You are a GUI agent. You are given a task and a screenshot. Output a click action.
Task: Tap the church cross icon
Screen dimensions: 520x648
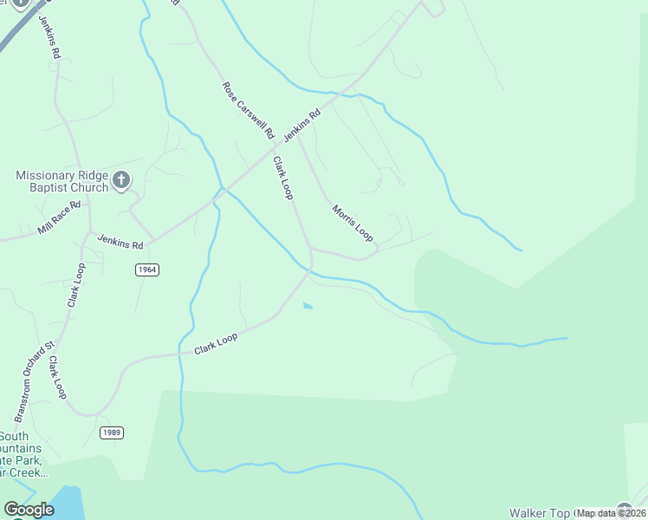[x=121, y=181]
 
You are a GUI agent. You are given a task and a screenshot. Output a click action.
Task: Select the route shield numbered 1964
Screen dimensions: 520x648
[x=147, y=270]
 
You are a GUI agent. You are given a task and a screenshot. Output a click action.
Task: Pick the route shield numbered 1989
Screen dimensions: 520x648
[x=111, y=432]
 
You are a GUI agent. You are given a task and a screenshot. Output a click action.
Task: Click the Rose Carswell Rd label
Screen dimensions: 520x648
[x=248, y=111]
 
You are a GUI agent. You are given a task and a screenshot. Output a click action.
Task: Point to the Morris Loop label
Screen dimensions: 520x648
[x=352, y=223]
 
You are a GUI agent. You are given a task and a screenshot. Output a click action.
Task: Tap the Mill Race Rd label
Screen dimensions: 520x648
[x=59, y=218]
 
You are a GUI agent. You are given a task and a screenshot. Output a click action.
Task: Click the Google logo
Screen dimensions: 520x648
[x=29, y=510]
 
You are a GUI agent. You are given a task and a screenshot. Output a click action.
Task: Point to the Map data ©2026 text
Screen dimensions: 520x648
[x=610, y=513]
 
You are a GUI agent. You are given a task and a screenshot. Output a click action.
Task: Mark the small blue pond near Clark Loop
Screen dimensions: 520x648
[x=308, y=305]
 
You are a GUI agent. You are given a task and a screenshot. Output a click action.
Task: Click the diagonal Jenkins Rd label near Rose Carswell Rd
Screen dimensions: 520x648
[x=301, y=126]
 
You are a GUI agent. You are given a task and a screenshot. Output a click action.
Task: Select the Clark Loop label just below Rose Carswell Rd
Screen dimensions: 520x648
[x=283, y=178]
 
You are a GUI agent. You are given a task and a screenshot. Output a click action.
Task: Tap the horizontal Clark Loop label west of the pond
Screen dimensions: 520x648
[x=216, y=344]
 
